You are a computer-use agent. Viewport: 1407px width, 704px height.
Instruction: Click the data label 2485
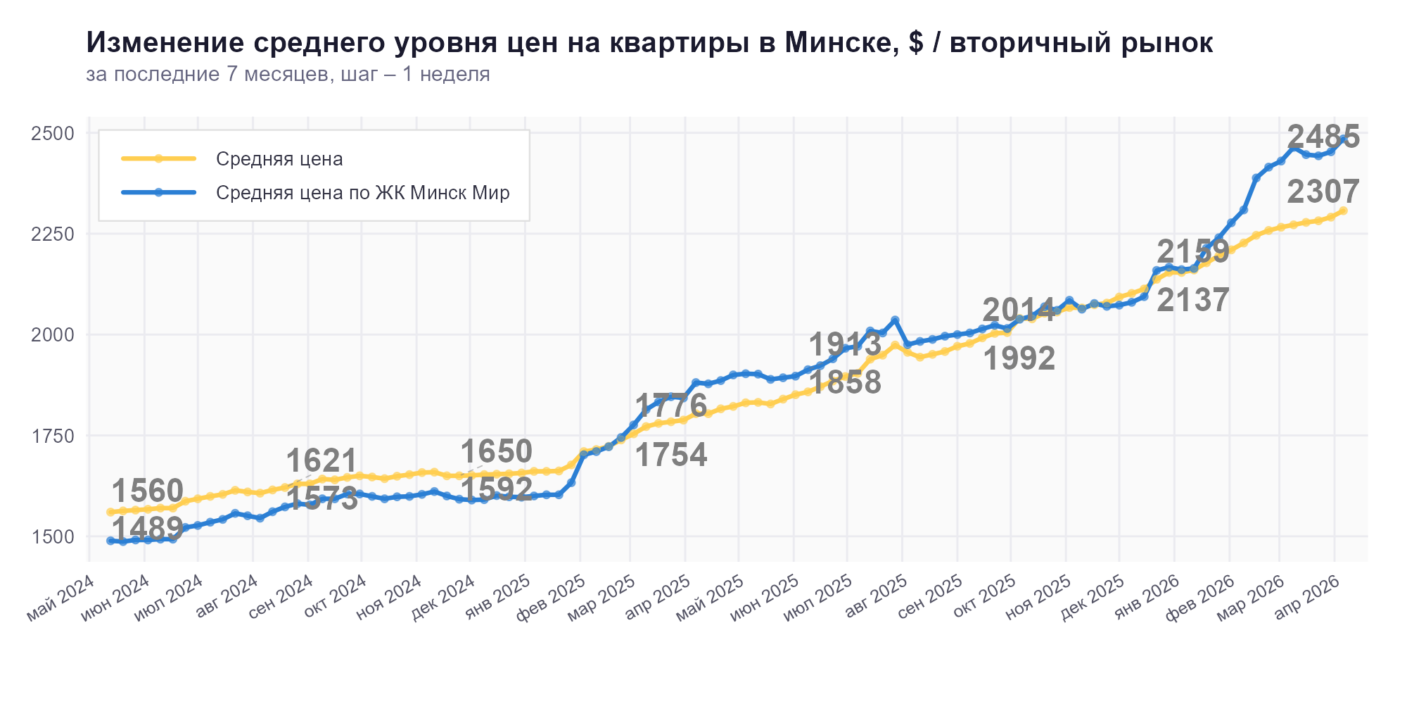(1323, 137)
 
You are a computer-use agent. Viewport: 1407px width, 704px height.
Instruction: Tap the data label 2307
(1323, 191)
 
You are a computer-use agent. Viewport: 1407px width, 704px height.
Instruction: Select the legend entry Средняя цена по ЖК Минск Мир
(362, 193)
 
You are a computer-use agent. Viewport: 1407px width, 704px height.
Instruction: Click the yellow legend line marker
(158, 158)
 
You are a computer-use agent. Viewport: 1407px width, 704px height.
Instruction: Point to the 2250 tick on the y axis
(53, 234)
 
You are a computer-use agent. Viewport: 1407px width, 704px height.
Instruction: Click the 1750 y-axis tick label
(53, 436)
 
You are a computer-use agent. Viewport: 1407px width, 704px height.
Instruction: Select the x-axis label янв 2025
(497, 598)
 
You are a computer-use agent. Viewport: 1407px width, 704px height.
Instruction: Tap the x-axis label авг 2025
(875, 598)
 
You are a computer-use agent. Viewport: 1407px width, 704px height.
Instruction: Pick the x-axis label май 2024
(61, 598)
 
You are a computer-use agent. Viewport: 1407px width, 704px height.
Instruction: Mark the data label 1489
(148, 528)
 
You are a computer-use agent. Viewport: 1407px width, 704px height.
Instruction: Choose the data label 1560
(148, 491)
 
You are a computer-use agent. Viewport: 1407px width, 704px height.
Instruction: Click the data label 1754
(671, 455)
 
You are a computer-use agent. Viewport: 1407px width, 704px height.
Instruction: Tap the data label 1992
(1019, 359)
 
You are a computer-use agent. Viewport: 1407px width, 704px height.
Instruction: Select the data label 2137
(1193, 301)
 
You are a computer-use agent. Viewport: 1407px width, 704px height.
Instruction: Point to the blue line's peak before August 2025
(895, 320)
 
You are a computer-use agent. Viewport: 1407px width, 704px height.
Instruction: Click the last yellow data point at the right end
(1343, 211)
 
